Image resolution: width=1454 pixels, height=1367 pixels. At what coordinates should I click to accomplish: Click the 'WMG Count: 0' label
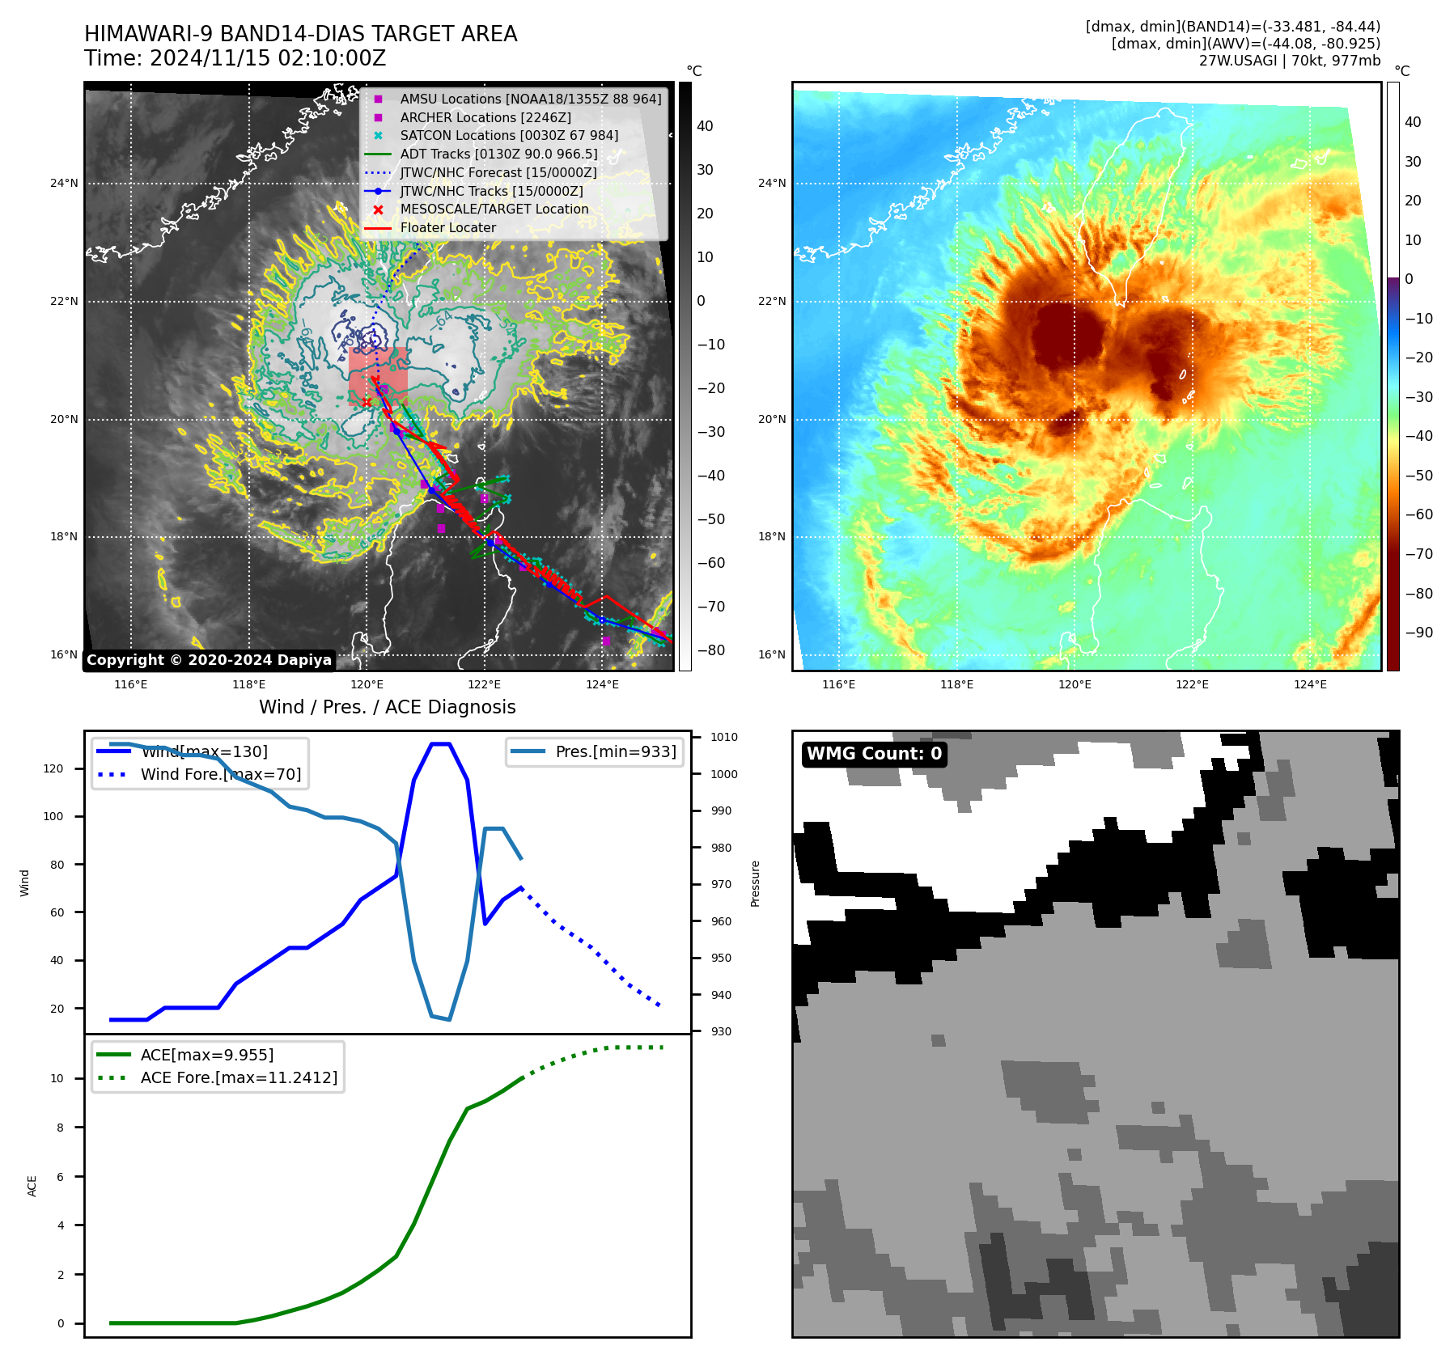click(874, 754)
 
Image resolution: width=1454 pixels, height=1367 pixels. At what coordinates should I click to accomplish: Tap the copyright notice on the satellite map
click(209, 660)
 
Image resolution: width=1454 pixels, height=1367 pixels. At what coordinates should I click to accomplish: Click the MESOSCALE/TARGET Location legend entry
click(494, 209)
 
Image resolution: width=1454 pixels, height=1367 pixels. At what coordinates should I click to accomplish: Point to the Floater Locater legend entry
click(447, 227)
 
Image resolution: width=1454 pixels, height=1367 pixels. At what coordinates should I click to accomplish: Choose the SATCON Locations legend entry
click(509, 135)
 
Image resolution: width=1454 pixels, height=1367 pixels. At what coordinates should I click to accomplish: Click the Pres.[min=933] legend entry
click(615, 751)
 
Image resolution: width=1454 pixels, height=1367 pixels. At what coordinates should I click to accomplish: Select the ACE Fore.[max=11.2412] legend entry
click(239, 1077)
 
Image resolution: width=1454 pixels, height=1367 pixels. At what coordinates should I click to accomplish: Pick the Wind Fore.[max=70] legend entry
click(220, 774)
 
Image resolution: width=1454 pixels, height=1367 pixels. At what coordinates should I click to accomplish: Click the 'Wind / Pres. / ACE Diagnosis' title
click(387, 707)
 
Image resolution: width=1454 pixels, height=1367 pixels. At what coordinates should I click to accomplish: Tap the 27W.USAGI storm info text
click(1289, 61)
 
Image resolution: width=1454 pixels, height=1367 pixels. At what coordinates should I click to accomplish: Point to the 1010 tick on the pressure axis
click(723, 737)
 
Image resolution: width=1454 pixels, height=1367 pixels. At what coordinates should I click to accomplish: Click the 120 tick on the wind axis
click(53, 768)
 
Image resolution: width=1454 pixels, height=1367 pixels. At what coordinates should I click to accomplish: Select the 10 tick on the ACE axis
click(57, 1078)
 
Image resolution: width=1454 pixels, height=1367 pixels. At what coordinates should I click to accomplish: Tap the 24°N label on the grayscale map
click(64, 183)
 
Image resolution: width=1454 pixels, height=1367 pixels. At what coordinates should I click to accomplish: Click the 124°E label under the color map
click(1309, 684)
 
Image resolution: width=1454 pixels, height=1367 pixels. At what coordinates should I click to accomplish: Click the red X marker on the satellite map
click(367, 402)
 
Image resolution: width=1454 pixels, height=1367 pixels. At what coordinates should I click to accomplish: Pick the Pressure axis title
click(755, 883)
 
